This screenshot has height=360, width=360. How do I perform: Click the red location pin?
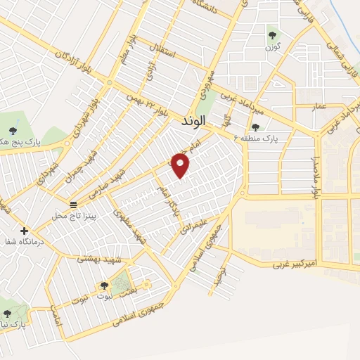[181, 165]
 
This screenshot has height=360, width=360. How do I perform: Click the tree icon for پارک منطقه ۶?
[255, 127]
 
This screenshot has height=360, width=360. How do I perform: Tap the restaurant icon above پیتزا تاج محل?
[73, 204]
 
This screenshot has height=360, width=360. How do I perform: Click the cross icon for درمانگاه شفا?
[25, 231]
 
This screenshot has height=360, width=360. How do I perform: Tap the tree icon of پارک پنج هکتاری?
[12, 130]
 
